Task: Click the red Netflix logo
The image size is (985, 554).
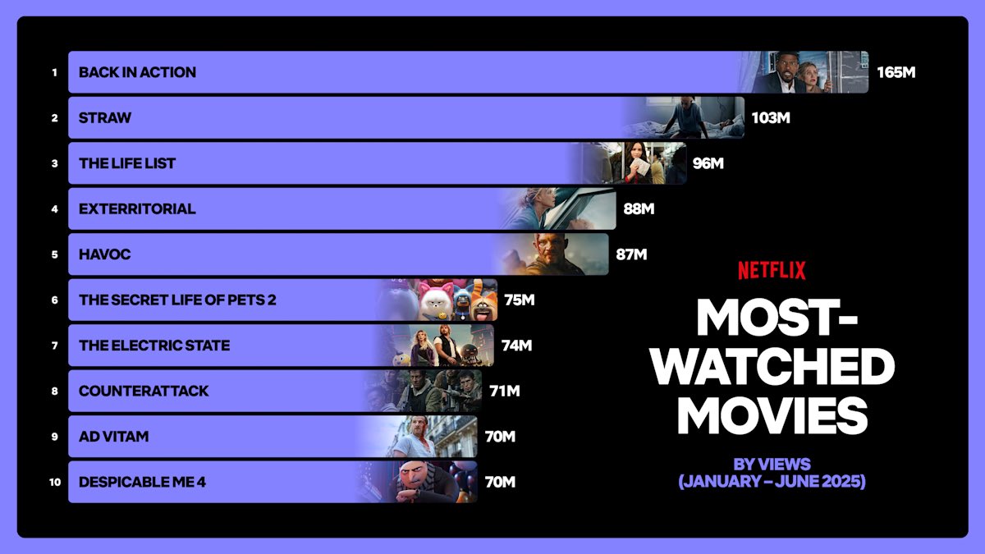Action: click(772, 270)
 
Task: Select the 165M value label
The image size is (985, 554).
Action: click(896, 72)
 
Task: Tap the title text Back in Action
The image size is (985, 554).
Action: click(137, 72)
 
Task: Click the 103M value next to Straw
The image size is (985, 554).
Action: click(771, 118)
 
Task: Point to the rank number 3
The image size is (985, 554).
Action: click(55, 163)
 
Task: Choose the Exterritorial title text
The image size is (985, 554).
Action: click(137, 209)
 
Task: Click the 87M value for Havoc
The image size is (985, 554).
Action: click(631, 254)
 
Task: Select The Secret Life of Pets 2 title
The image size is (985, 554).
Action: click(177, 300)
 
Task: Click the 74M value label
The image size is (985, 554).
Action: click(516, 346)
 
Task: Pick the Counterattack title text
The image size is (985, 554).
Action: click(144, 391)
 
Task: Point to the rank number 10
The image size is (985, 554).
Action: click(55, 483)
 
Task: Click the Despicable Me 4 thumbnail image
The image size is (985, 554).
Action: click(427, 482)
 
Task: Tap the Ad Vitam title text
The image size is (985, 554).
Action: click(113, 437)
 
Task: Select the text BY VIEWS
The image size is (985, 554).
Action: click(772, 465)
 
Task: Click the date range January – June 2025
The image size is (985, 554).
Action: click(772, 482)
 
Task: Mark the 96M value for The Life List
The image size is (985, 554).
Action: click(708, 163)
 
